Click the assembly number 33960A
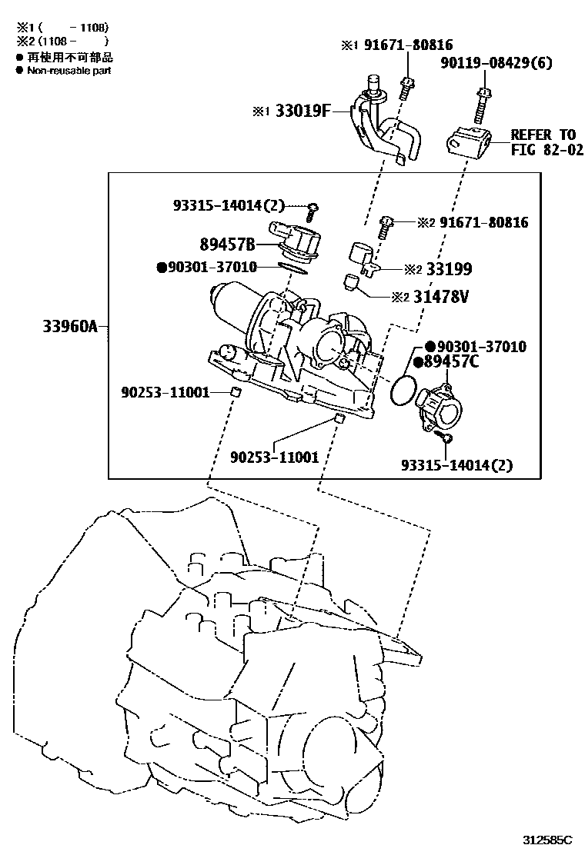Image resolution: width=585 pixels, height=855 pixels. click(x=70, y=327)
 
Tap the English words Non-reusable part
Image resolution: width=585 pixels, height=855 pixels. click(x=69, y=70)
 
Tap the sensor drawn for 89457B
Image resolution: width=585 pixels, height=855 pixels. click(x=296, y=240)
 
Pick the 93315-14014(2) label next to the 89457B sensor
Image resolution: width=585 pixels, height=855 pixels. click(x=229, y=205)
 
